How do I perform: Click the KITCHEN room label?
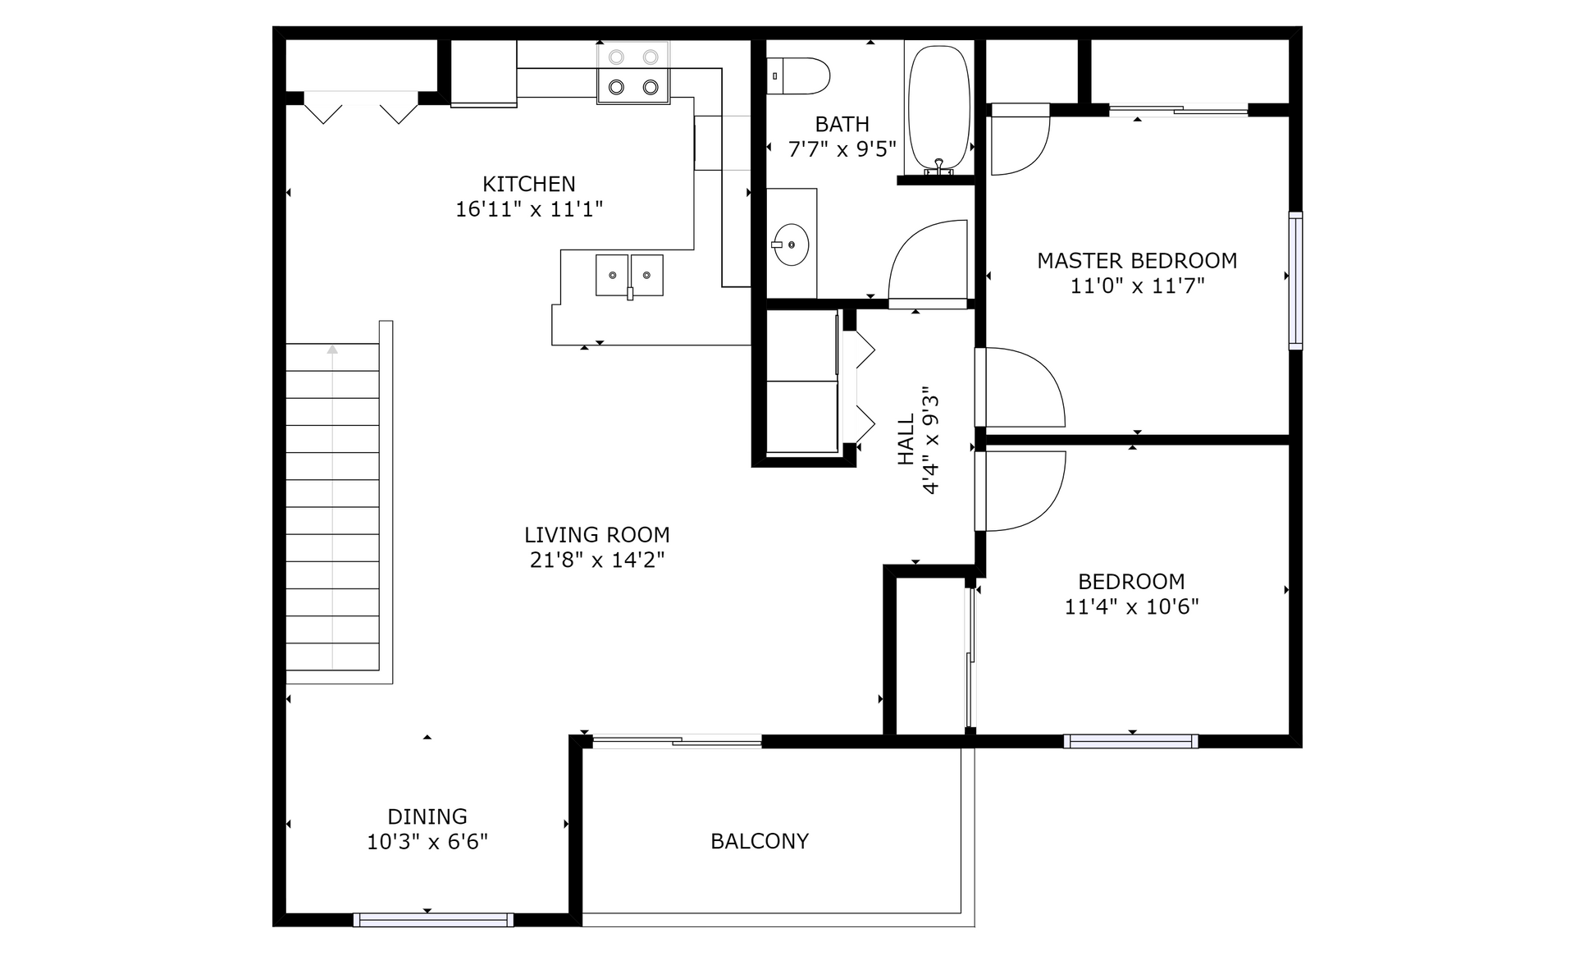tap(528, 184)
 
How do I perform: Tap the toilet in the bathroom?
tap(798, 75)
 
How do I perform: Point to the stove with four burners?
tap(632, 72)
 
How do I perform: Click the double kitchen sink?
tap(629, 275)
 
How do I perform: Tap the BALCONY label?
tap(760, 841)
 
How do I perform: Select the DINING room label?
tap(427, 816)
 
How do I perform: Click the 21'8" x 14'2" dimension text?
tap(597, 560)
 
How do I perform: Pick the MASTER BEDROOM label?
tap(1137, 261)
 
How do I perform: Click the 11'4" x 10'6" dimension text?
tap(1132, 607)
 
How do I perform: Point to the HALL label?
tap(906, 440)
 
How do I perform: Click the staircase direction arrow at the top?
tap(332, 350)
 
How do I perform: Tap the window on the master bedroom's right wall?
tap(1295, 281)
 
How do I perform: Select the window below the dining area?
tap(433, 920)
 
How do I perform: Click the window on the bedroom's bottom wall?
tap(1131, 741)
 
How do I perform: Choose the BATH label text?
tap(842, 125)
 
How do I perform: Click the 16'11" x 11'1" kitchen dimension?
tap(529, 209)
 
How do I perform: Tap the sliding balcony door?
tap(677, 741)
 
